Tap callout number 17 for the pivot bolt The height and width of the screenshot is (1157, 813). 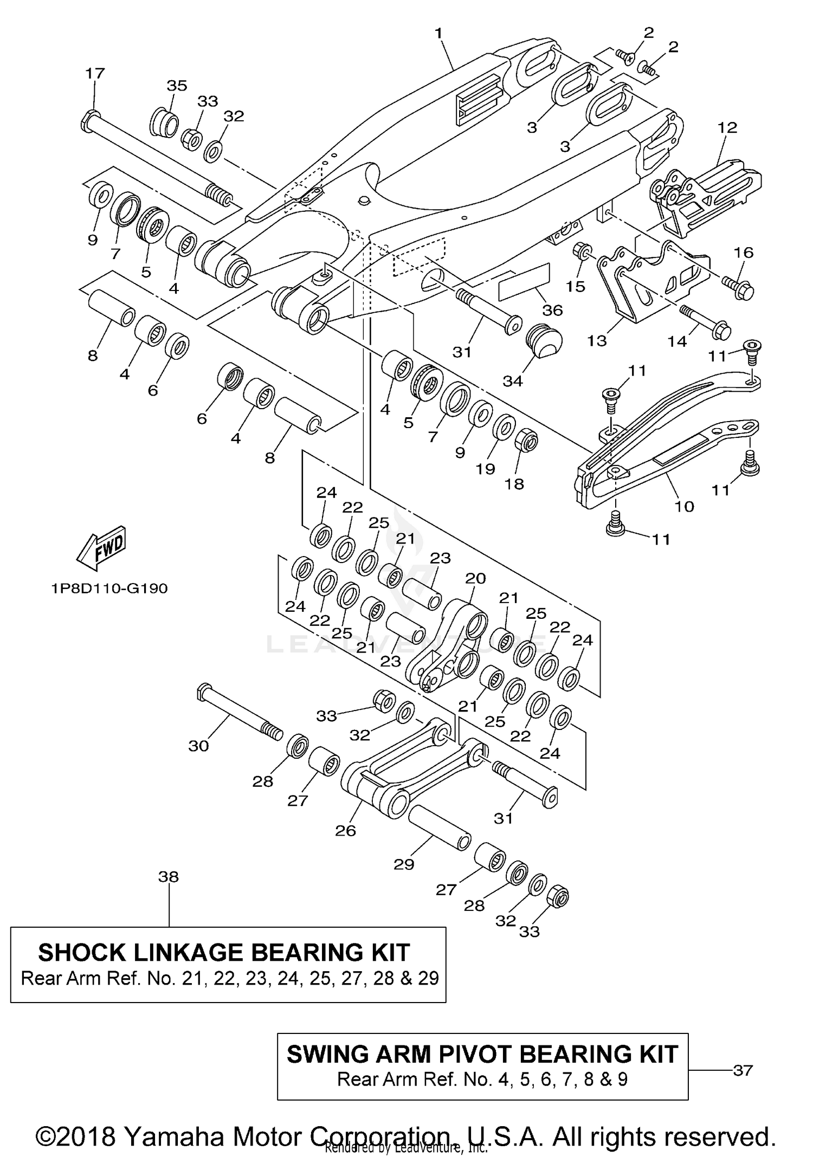(95, 73)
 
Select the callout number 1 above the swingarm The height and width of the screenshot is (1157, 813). (438, 34)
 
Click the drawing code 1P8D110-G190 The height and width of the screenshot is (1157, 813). (109, 589)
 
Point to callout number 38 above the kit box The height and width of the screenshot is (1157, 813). (169, 876)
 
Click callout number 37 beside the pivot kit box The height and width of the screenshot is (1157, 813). (743, 1070)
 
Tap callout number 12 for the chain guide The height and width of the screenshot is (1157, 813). (727, 128)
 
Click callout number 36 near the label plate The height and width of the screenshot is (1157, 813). (552, 310)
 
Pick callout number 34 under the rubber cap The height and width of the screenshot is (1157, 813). (512, 381)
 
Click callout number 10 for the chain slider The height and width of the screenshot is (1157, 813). (684, 506)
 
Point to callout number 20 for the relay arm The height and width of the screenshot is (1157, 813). (475, 578)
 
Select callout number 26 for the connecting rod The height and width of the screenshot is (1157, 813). (345, 830)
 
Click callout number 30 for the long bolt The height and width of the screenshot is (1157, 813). (198, 746)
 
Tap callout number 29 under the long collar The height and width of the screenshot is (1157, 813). (404, 864)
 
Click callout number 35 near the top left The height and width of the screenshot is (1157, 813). (177, 86)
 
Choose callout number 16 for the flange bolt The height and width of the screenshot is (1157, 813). (744, 252)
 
